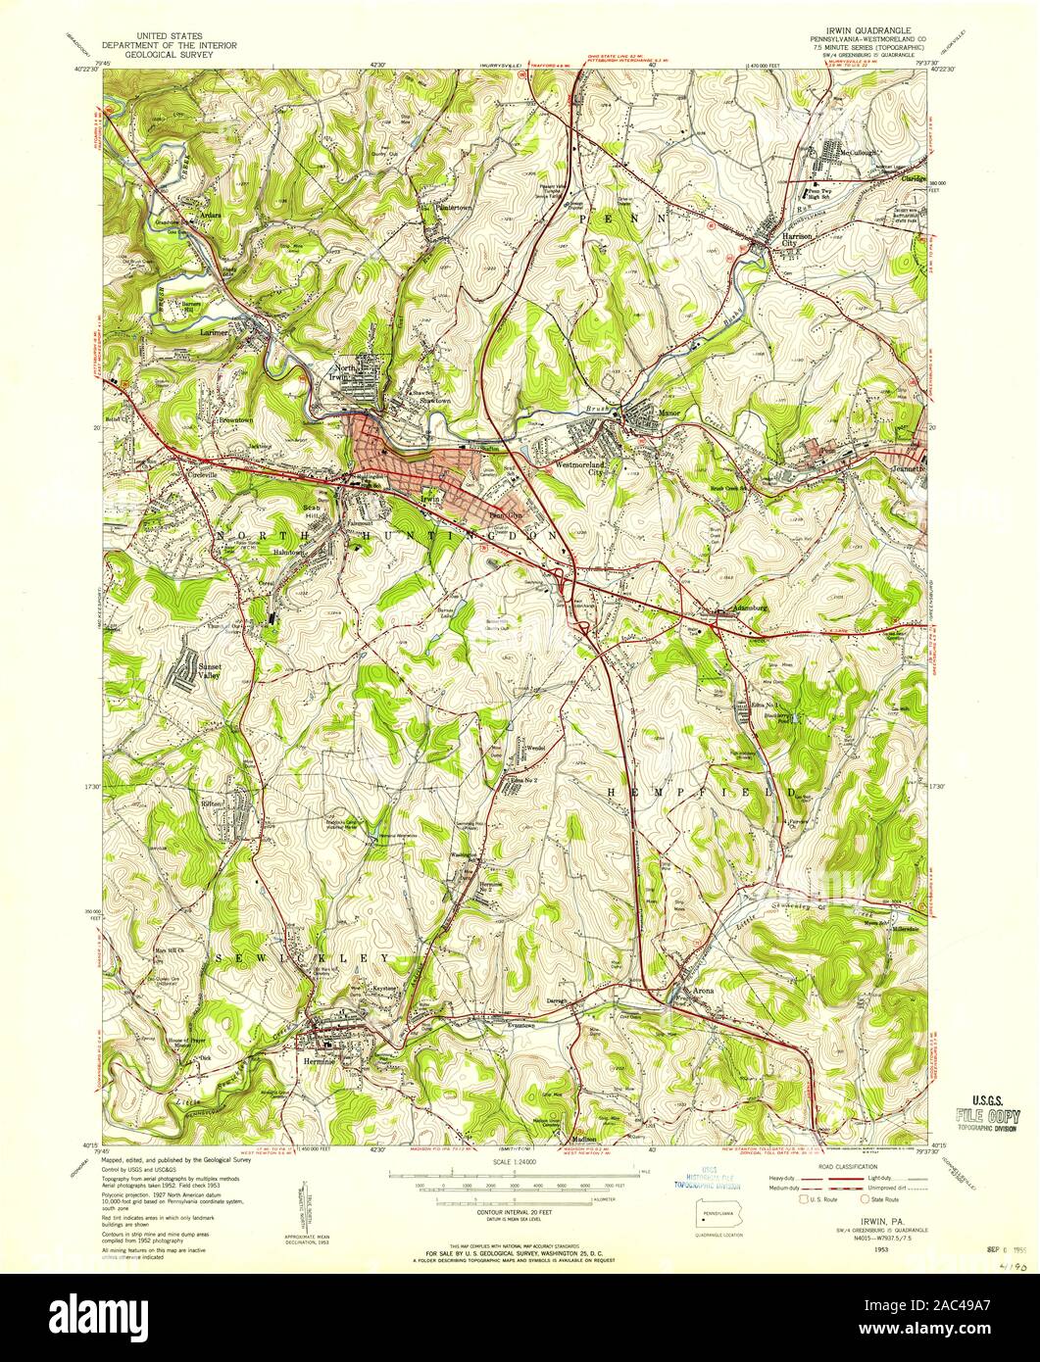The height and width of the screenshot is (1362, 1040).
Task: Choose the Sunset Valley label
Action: tap(211, 670)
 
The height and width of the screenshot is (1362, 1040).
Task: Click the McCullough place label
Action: tap(831, 151)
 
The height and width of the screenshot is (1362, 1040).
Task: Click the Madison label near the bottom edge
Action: tap(584, 1138)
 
